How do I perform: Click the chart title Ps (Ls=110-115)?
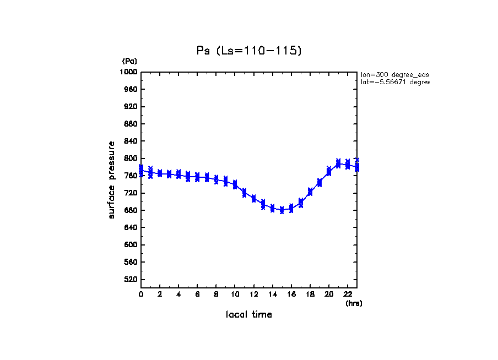pyautogui.click(x=249, y=51)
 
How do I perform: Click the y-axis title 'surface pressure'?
pyautogui.click(x=112, y=179)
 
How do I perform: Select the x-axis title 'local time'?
pyautogui.click(x=248, y=315)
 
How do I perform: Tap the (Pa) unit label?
pyautogui.click(x=129, y=61)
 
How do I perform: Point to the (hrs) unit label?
pyautogui.click(x=354, y=303)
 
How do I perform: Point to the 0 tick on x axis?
pyautogui.click(x=141, y=294)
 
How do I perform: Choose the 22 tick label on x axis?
pyautogui.click(x=348, y=294)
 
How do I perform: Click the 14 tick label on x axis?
pyautogui.click(x=272, y=294)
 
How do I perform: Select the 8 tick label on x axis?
pyautogui.click(x=216, y=294)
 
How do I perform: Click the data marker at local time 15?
pyautogui.click(x=282, y=210)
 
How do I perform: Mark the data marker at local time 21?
pyautogui.click(x=338, y=163)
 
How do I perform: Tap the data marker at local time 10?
pyautogui.click(x=235, y=184)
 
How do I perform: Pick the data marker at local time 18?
pyautogui.click(x=310, y=192)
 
